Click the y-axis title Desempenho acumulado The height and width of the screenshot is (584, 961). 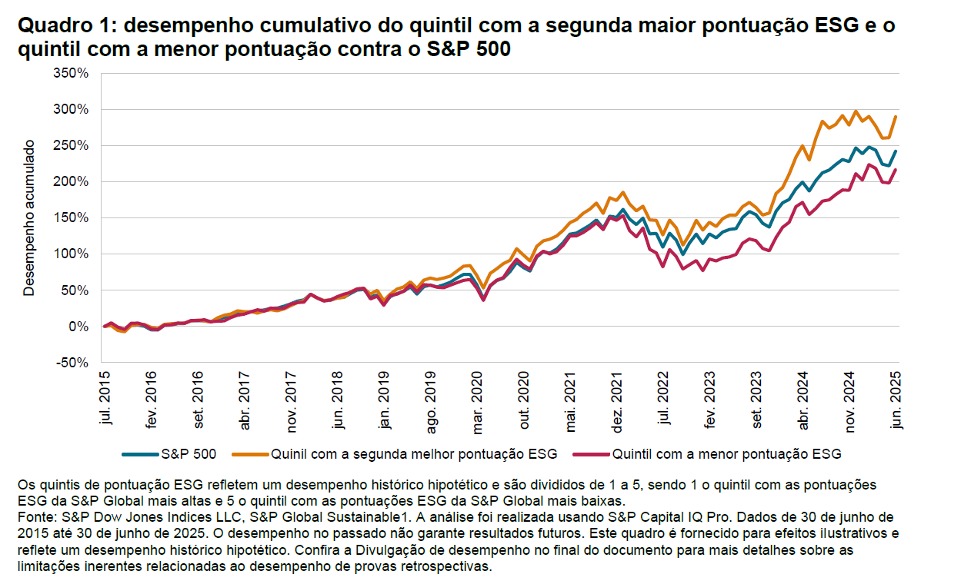click(29, 217)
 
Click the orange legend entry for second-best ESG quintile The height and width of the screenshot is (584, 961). click(412, 454)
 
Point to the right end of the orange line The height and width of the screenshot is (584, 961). click(896, 116)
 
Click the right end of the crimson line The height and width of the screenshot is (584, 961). click(896, 170)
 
